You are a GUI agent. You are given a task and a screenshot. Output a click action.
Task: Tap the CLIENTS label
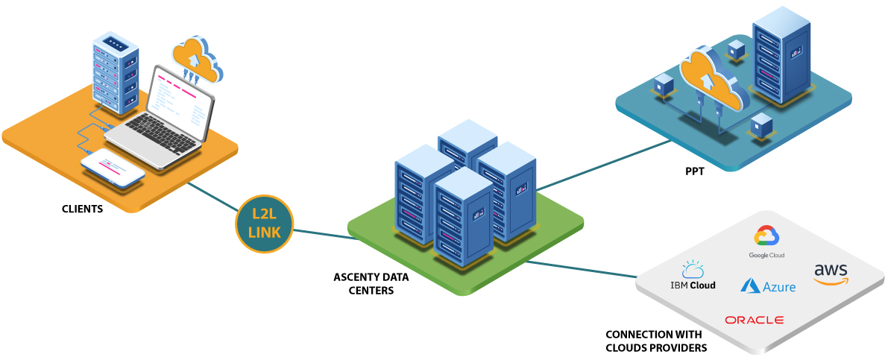pyautogui.click(x=82, y=209)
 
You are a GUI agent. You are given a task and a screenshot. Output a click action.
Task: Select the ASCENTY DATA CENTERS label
pyautogui.click(x=371, y=282)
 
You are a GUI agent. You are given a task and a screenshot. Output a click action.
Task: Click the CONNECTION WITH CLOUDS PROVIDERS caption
pyautogui.click(x=656, y=341)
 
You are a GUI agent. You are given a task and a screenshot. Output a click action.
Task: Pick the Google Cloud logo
pyautogui.click(x=767, y=243)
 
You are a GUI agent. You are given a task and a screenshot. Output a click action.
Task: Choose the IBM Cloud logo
pyautogui.click(x=693, y=277)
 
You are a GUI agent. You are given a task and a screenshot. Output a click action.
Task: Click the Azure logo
pyautogui.click(x=768, y=285)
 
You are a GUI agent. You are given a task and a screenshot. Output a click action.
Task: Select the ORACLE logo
pyautogui.click(x=754, y=320)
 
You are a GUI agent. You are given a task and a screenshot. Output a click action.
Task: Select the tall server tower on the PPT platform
pyautogui.click(x=781, y=54)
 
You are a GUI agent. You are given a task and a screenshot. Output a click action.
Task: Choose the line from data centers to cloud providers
pyautogui.click(x=582, y=269)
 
